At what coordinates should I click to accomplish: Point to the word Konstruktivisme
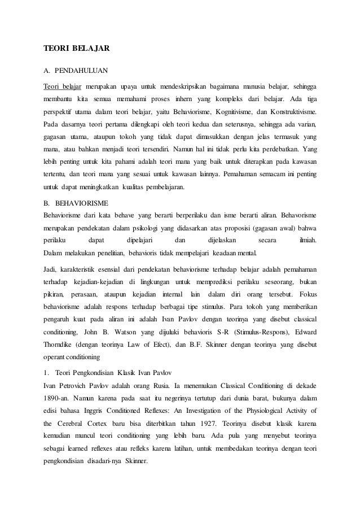click(x=292, y=111)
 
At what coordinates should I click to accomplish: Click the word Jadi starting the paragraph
click(x=50, y=268)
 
